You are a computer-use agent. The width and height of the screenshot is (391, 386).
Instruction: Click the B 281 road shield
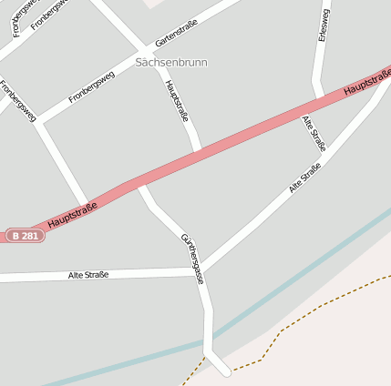point(25,236)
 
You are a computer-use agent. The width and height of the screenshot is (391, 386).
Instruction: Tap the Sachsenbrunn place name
point(171,63)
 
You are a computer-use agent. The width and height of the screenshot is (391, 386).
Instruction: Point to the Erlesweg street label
point(323,25)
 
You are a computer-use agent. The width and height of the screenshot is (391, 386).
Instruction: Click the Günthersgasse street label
point(192,259)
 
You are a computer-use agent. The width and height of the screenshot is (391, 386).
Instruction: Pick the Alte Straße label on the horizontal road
point(88,274)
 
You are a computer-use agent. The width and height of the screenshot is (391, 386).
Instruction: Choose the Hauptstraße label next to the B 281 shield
point(72,215)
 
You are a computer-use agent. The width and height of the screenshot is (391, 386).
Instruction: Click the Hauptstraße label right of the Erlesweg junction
point(367,83)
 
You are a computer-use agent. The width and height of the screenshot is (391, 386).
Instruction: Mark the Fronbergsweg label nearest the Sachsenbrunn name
point(91,87)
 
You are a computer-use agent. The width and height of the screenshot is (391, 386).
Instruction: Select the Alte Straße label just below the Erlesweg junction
point(314,133)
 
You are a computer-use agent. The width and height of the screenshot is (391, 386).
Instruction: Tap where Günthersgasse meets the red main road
point(140,185)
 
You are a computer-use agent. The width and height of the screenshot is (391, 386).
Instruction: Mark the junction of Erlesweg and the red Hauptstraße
point(317,101)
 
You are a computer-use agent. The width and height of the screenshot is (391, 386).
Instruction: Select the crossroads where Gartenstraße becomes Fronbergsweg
point(143,47)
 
